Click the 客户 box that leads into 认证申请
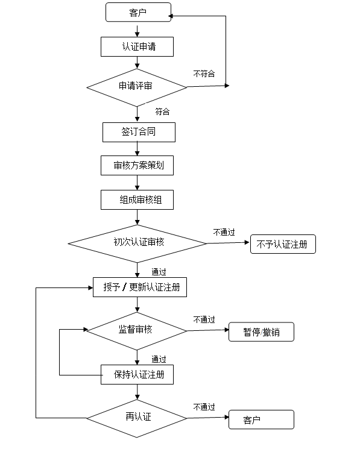(138, 12)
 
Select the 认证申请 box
(137, 46)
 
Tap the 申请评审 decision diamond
(137, 87)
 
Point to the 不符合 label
(204, 74)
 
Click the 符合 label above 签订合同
(162, 111)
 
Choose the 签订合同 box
(139, 133)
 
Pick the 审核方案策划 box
(137, 166)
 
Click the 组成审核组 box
(137, 200)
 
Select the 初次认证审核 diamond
(137, 243)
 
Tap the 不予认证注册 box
(283, 244)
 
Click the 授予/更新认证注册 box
(140, 287)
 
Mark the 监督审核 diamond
(137, 331)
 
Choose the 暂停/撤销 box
(261, 332)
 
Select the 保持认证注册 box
(137, 374)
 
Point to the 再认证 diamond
(137, 418)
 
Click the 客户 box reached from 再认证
(261, 419)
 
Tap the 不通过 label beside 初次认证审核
(224, 232)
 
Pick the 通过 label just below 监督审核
(159, 359)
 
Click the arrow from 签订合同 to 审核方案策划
(137, 149)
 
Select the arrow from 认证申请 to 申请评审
(137, 63)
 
